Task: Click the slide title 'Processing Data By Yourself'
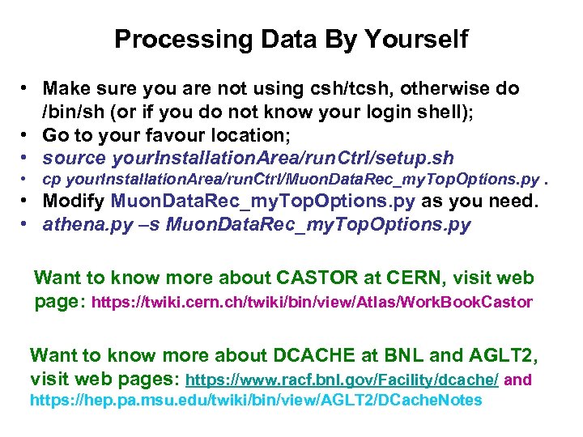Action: coord(291,39)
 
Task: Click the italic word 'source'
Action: coord(74,157)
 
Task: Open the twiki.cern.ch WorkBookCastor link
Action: coord(313,303)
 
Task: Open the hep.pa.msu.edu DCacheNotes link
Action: coord(256,400)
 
